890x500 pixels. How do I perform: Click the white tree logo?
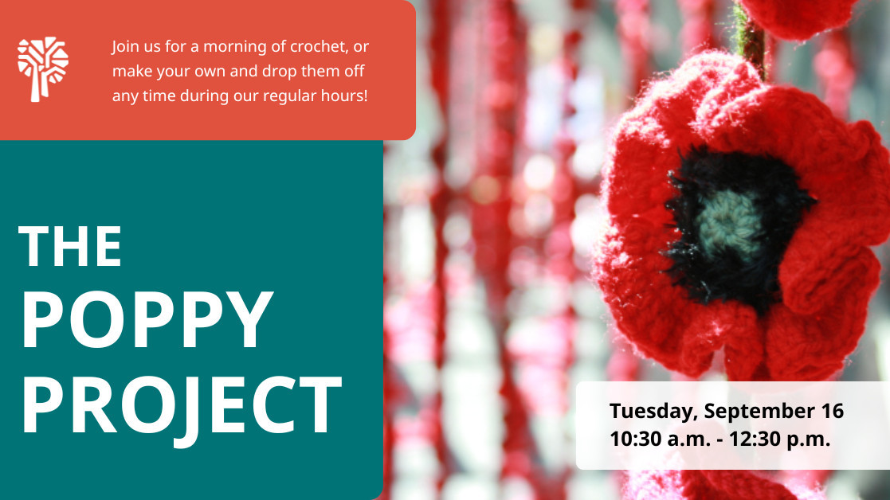point(42,69)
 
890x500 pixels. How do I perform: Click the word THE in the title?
point(70,246)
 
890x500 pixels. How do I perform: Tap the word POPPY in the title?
point(147,319)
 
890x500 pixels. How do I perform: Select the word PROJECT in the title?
point(182,405)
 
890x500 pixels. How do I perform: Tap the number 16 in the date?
point(832,411)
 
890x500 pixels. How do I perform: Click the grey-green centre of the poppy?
point(730,222)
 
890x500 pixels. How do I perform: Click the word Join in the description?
point(125,46)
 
